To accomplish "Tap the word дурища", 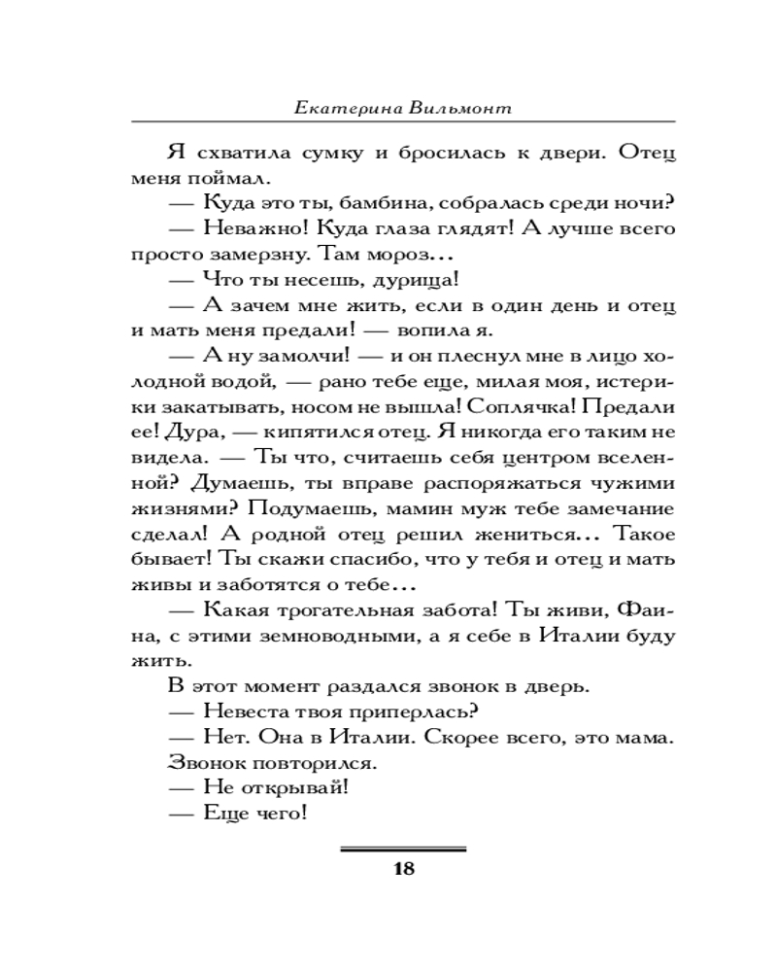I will [x=399, y=280].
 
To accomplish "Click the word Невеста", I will [x=248, y=711].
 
